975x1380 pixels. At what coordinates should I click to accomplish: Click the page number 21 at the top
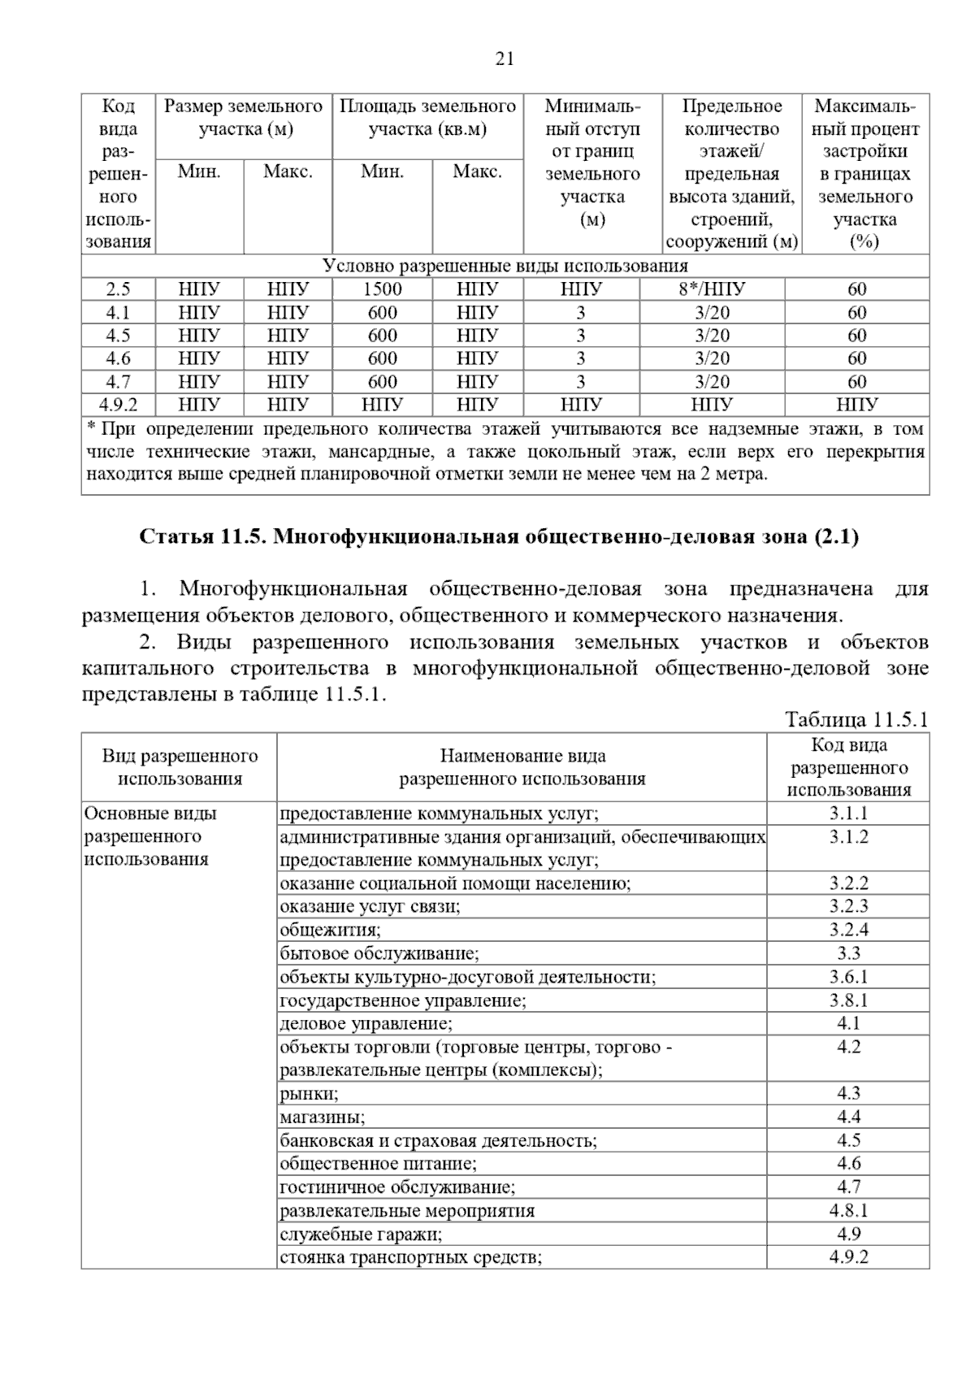coord(504,59)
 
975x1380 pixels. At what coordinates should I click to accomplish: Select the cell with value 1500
coord(382,289)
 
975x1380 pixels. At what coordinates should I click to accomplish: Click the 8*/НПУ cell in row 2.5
coord(712,289)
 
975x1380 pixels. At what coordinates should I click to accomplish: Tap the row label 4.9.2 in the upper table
coord(118,405)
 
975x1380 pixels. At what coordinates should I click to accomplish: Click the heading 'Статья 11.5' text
coord(499,537)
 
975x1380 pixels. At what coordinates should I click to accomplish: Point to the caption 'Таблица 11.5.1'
coord(856,719)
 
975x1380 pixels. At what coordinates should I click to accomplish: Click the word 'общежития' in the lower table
coord(330,930)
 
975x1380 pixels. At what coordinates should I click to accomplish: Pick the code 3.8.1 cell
coord(848,1000)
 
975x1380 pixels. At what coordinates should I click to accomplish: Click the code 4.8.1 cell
coord(848,1210)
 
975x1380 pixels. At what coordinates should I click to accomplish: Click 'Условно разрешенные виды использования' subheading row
coord(505,267)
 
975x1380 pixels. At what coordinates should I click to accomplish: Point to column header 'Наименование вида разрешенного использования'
coord(522,767)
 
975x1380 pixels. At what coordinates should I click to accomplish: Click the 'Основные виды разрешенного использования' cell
coord(151,836)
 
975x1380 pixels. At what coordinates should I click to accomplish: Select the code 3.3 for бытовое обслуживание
coord(848,953)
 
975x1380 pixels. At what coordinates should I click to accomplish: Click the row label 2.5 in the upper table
coord(118,289)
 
